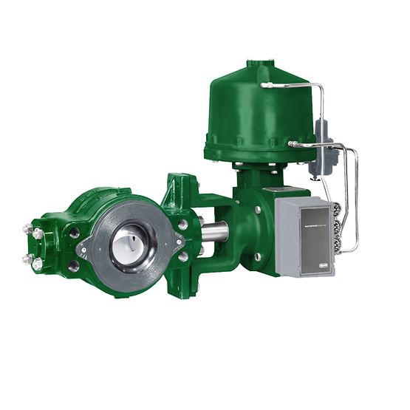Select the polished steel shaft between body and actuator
point(215,232)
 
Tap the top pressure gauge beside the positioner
point(341,211)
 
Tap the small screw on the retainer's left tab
point(83,250)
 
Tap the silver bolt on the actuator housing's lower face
point(258,256)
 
